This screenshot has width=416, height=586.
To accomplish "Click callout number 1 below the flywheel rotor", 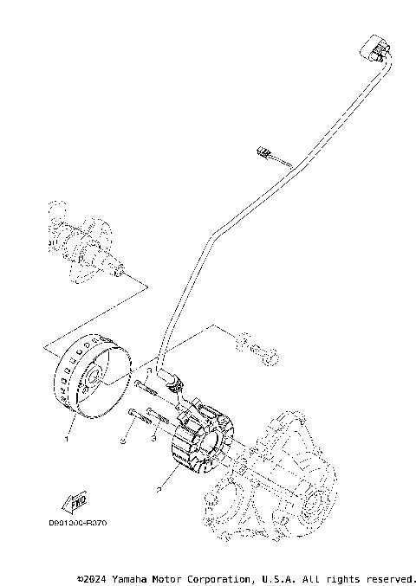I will (x=65, y=438).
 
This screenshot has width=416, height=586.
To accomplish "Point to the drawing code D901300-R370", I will (x=83, y=523).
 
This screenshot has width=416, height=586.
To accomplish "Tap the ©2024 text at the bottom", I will (x=92, y=577).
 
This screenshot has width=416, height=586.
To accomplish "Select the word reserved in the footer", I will (x=393, y=577).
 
